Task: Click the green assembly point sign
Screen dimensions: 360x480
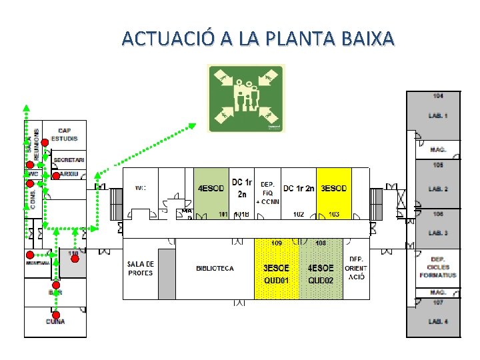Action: point(246,99)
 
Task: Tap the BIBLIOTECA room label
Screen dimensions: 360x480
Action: point(215,269)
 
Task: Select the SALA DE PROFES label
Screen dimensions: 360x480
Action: point(140,269)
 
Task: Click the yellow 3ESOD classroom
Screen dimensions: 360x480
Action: point(333,189)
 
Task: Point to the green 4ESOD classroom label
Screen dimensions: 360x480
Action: point(211,189)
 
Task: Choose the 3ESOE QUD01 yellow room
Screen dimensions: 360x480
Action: point(277,274)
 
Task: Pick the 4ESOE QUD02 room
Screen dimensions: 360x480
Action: point(321,274)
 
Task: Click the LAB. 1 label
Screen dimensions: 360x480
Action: point(438,116)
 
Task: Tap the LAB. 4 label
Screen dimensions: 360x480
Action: point(438,322)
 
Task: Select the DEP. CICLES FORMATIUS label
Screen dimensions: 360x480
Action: point(438,267)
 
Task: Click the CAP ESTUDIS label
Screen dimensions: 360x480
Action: point(65,134)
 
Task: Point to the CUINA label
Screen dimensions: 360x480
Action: point(55,321)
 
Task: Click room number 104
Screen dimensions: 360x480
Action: point(438,96)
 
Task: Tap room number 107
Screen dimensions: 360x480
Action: point(438,303)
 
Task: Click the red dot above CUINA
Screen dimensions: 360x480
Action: point(57,315)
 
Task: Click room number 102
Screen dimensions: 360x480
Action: point(299,215)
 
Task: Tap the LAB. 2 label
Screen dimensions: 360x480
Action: point(438,189)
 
